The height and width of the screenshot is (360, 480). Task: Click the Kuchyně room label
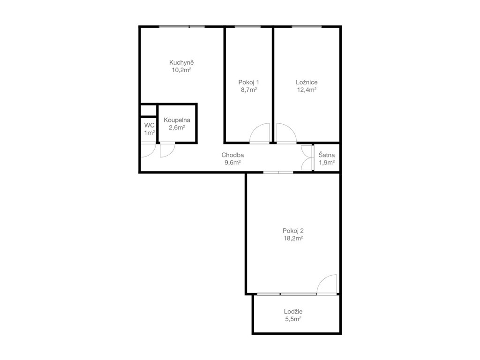pos(181,62)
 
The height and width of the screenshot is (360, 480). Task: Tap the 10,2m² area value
pos(181,70)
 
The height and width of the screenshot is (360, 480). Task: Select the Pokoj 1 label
pos(248,82)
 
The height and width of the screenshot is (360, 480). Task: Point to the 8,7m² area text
pos(248,90)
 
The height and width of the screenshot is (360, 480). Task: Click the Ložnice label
pos(307,82)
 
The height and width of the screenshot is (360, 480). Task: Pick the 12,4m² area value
pos(307,90)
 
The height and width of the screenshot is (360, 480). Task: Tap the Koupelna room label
pos(177,120)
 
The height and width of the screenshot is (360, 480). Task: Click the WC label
pos(150,125)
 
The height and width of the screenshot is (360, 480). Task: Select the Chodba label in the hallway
pos(232,155)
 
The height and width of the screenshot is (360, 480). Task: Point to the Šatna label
pos(327,155)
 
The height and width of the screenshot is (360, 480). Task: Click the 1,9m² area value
pos(327,163)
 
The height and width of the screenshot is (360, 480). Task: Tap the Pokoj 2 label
pos(293,231)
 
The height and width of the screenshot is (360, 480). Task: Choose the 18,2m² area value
pos(293,239)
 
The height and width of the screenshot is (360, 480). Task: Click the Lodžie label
pos(293,312)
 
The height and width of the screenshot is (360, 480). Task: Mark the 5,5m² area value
pos(293,319)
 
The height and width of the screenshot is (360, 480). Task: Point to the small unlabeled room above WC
pos(149,111)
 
